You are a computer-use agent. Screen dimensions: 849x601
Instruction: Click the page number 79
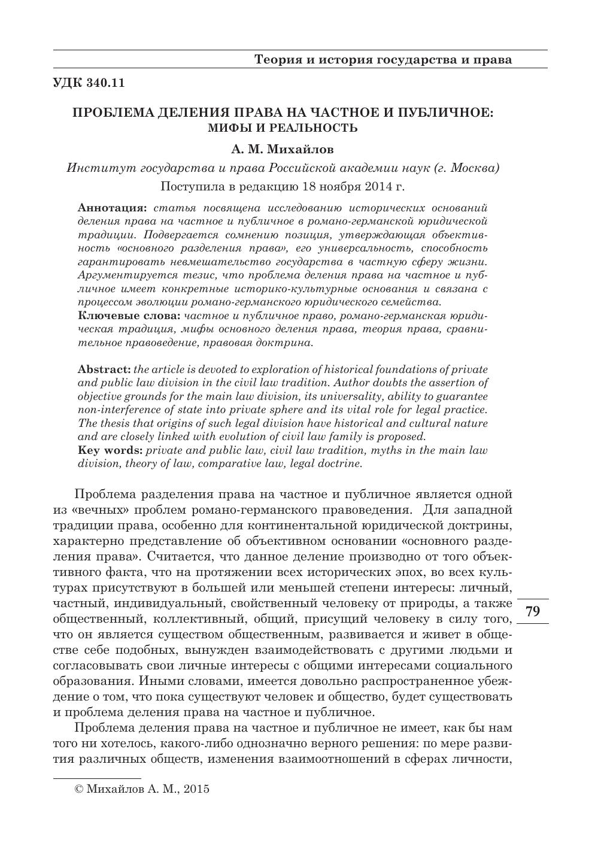click(x=532, y=611)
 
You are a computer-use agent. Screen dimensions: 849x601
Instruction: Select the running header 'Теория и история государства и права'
click(x=383, y=60)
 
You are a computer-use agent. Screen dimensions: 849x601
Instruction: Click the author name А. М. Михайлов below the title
click(x=283, y=148)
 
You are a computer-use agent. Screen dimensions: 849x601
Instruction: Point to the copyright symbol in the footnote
click(x=78, y=789)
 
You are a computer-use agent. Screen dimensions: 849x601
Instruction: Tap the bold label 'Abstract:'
click(x=104, y=369)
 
